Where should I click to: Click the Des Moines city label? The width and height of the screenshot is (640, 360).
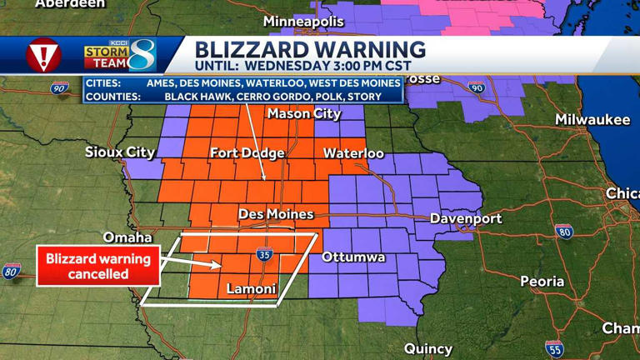click(276, 214)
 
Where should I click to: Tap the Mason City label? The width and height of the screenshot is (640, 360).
click(304, 113)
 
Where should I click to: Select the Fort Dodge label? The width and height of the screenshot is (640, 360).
click(247, 152)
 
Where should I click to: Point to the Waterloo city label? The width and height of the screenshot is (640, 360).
click(353, 153)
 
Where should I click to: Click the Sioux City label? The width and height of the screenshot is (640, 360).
click(120, 152)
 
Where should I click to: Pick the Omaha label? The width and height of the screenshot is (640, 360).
click(127, 237)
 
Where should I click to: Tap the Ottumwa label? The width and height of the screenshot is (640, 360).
click(353, 257)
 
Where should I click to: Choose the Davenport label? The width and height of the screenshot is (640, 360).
click(466, 218)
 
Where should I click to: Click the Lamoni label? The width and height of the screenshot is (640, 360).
click(252, 289)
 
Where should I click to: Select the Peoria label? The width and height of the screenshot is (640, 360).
click(542, 282)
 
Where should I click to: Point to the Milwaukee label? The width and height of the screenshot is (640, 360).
click(592, 120)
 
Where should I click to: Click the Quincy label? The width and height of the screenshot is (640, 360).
click(428, 348)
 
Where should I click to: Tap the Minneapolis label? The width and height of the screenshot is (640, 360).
click(303, 21)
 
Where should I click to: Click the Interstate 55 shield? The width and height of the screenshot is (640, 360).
click(554, 348)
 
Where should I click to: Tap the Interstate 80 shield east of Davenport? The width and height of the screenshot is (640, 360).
click(564, 232)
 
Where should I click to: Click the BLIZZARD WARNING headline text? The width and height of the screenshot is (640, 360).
click(310, 49)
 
